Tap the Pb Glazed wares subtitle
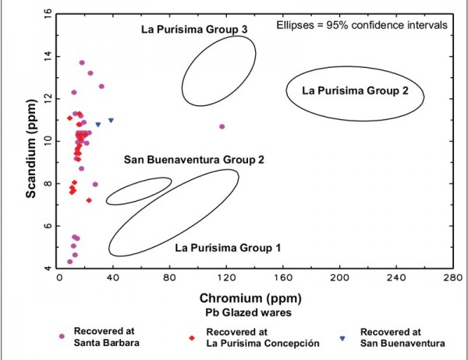256,312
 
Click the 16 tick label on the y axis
48,13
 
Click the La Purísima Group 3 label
194,30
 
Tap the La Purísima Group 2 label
355,90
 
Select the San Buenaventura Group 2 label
194,160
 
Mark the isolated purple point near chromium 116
222,126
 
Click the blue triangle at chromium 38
112,120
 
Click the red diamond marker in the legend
191,337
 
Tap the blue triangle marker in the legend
342,337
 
